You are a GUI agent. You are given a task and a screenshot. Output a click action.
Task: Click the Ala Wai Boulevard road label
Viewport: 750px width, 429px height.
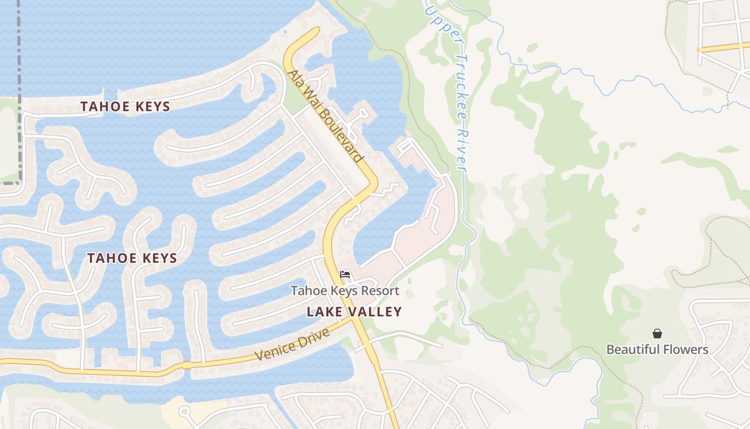[x=325, y=116]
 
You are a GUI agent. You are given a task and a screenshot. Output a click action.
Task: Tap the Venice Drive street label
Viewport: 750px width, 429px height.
[x=292, y=344]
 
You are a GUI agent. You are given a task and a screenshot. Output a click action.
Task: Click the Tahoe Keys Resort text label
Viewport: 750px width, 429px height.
[x=345, y=291]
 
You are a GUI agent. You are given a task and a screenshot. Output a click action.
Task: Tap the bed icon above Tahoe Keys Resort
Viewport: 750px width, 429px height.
[x=345, y=275]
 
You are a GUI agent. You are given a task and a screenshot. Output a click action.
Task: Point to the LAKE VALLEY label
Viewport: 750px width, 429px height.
[x=354, y=312]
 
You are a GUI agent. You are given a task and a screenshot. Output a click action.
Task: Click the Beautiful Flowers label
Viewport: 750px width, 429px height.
[x=657, y=350]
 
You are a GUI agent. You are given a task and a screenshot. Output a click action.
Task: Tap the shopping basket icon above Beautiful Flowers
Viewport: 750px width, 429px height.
[x=657, y=334]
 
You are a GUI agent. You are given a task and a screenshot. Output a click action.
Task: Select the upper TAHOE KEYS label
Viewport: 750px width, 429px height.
[x=125, y=107]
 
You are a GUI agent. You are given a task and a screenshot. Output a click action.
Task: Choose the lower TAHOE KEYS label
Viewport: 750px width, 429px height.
[x=132, y=258]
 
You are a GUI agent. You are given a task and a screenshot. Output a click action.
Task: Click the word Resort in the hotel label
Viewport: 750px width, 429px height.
[x=380, y=291]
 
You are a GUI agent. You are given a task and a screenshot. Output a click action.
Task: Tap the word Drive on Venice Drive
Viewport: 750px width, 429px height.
[x=316, y=336]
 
